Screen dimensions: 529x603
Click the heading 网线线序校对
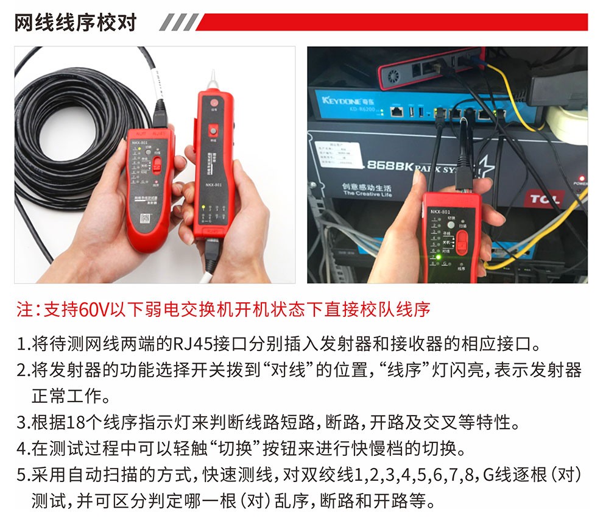click(76, 23)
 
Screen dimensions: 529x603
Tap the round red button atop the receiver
click(213, 102)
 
